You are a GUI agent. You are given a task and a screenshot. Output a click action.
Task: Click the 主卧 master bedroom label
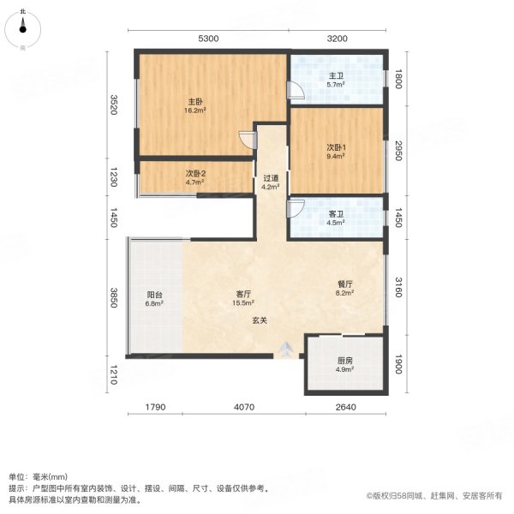[196, 100]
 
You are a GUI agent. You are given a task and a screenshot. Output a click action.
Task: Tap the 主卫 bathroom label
[336, 75]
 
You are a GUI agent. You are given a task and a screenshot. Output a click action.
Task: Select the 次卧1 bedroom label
[336, 147]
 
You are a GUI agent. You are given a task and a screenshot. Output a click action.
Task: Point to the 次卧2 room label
[195, 174]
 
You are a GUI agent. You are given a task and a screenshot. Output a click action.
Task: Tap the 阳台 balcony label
[154, 295]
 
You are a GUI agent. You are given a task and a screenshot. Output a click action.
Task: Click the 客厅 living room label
[244, 294]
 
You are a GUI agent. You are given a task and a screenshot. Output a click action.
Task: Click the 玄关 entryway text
[260, 320]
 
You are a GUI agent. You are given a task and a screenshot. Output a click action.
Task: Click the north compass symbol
[22, 28]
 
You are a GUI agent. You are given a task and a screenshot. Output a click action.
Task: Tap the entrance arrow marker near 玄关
[286, 350]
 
